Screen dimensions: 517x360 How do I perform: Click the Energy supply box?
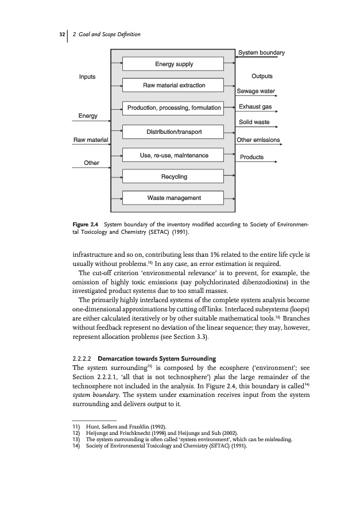pos(174,64)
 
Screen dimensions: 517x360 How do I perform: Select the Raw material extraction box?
pos(174,86)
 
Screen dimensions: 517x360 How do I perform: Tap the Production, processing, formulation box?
pos(174,107)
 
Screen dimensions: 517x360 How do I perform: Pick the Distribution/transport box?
pos(174,133)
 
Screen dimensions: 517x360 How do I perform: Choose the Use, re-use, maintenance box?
pos(174,155)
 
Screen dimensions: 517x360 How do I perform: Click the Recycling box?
pos(174,176)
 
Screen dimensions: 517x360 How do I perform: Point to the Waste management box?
pos(174,198)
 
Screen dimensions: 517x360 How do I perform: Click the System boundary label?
pos(261,53)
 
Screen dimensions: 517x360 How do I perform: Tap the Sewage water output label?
pos(256,91)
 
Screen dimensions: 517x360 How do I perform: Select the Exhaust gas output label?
pos(255,107)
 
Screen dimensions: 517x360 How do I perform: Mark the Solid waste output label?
pos(253,122)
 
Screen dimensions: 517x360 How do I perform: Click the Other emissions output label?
pos(258,140)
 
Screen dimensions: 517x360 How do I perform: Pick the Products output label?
pos(251,157)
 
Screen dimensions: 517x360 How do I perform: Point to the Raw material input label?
pos(91,140)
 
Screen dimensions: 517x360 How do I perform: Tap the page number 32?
pos(61,35)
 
